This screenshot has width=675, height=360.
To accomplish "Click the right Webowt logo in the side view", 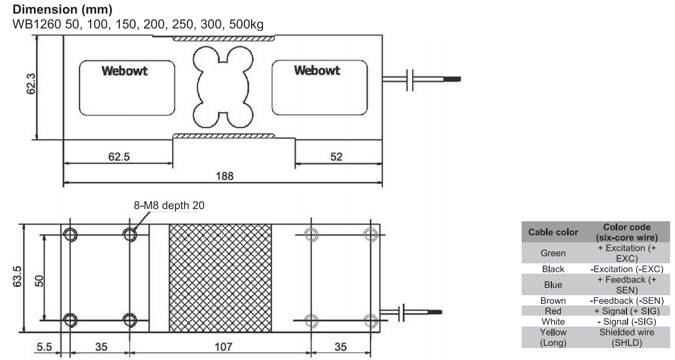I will (318, 71).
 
